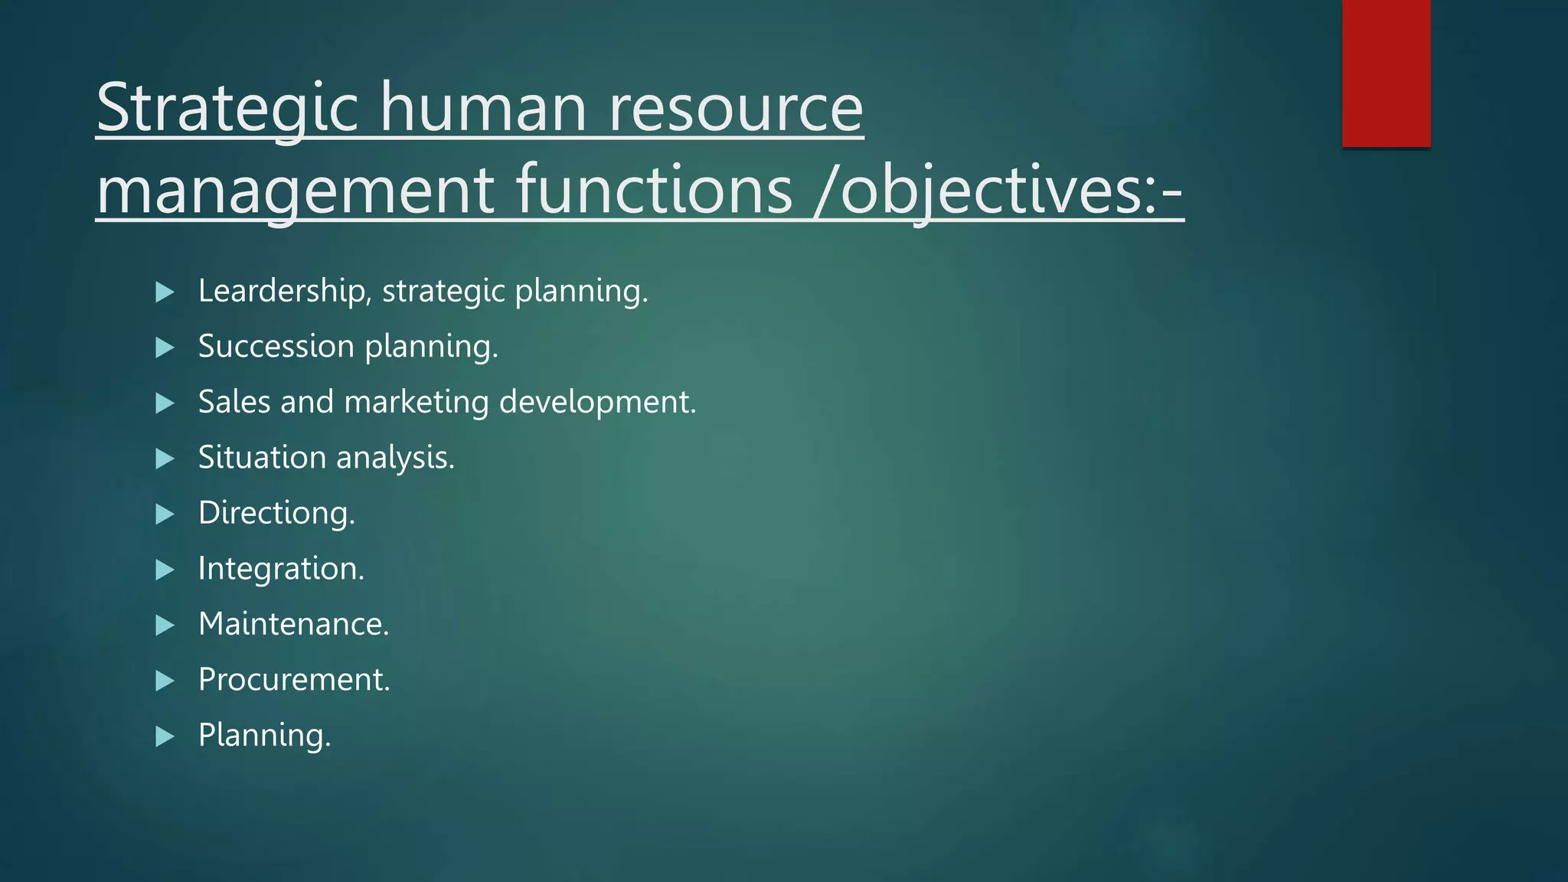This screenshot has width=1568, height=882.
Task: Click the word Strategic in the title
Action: coord(227,109)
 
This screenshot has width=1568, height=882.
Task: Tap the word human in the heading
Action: coord(484,109)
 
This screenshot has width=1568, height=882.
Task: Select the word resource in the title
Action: coord(736,109)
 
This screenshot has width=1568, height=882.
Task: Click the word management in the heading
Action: coord(296,191)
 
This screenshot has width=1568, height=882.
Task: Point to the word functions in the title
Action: coord(655,191)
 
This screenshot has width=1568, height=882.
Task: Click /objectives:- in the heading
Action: coord(999,191)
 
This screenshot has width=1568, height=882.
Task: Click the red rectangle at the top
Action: coord(1386,73)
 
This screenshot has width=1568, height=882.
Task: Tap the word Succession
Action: coord(276,347)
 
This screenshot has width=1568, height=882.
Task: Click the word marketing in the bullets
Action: coord(416,403)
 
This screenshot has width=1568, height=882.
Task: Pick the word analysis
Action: coord(395,458)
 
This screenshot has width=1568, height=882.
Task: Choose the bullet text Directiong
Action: coord(276,513)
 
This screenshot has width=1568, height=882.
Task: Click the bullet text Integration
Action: coord(281,569)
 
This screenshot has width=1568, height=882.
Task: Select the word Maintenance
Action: coord(293,624)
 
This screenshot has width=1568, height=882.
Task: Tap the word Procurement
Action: coord(294,680)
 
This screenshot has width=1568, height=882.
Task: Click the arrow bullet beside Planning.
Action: coord(165,737)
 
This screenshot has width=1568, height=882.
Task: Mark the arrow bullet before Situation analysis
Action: coord(165,459)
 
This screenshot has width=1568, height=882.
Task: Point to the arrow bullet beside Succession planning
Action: coord(165,348)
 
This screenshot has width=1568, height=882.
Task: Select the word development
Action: coord(597,403)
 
